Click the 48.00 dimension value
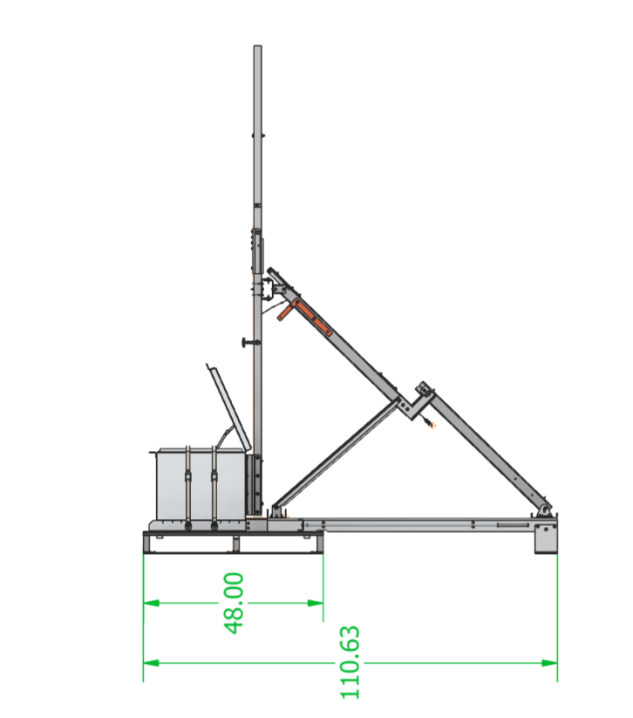[235, 603]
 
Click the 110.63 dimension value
[351, 662]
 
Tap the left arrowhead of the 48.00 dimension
[152, 603]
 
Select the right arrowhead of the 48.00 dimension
[316, 603]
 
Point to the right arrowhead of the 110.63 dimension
[549, 662]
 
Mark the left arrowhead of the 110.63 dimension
[152, 662]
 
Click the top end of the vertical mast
[258, 45]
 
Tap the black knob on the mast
[248, 343]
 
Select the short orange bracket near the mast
[285, 313]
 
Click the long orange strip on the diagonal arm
[312, 318]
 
